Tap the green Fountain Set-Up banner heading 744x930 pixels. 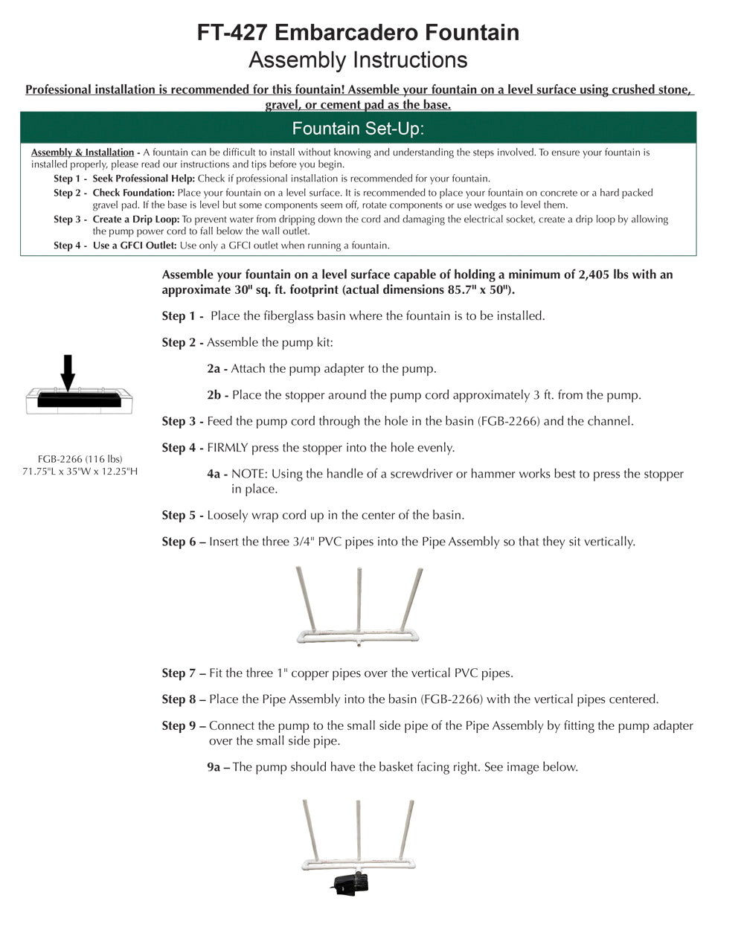click(358, 129)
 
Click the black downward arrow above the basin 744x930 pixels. click(68, 372)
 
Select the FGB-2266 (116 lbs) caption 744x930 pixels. click(80, 459)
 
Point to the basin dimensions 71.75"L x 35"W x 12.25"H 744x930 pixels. click(80, 472)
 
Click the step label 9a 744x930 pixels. click(217, 767)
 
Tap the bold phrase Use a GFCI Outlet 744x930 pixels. click(135, 246)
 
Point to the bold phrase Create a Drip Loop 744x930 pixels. click(136, 219)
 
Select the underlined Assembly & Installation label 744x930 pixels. click(83, 153)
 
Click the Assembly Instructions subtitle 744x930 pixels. click(358, 60)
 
